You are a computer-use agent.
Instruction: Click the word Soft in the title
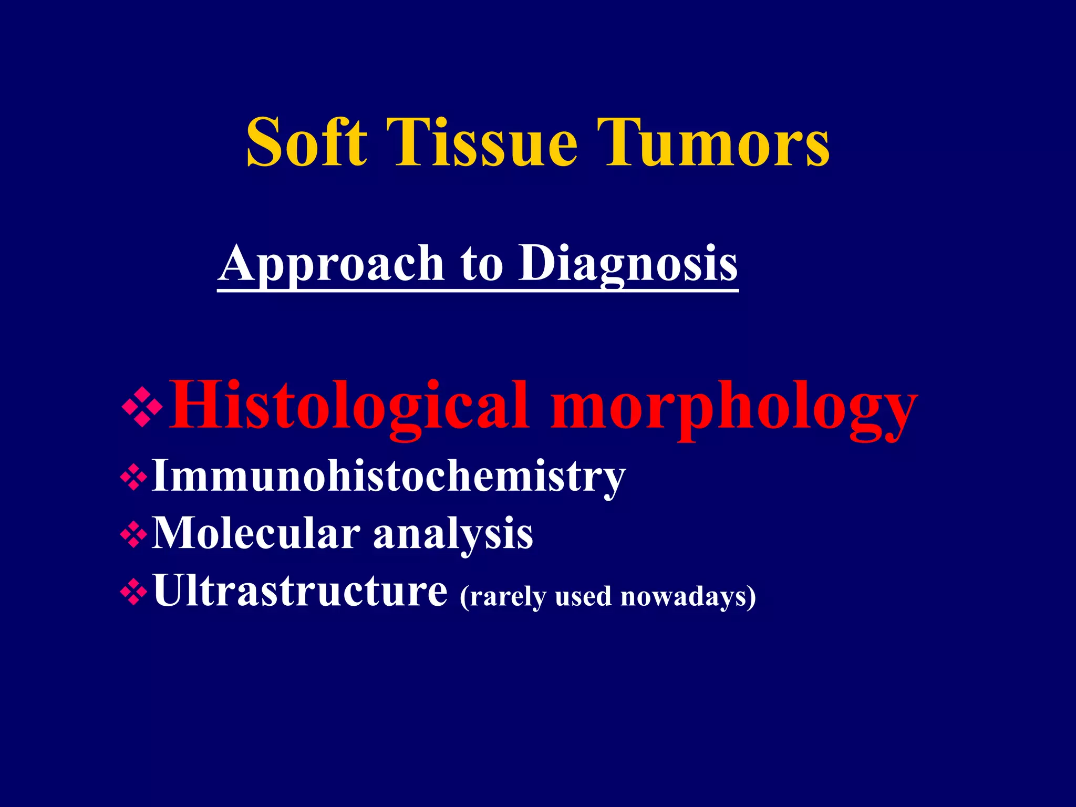coord(306,143)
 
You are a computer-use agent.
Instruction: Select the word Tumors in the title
coord(717,143)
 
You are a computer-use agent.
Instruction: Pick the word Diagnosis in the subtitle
coord(628,264)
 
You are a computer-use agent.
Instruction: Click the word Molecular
coord(256,534)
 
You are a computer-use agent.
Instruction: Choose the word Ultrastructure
coord(300,591)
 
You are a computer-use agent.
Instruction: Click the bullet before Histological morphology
coord(142,408)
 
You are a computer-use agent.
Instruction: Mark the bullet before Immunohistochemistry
coord(133,477)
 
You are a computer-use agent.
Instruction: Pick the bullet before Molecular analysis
coord(133,535)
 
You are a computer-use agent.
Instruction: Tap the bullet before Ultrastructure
coord(133,592)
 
